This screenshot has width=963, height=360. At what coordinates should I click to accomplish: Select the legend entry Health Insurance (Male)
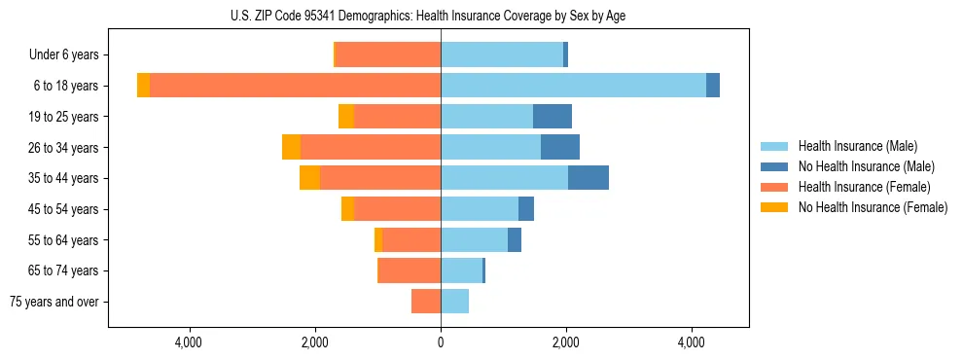[x=855, y=146]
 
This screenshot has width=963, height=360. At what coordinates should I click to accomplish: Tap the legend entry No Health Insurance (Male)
[x=865, y=166]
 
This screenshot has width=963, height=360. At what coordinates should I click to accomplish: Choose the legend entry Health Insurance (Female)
[x=863, y=187]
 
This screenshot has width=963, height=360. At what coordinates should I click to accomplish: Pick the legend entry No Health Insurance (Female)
[x=872, y=207]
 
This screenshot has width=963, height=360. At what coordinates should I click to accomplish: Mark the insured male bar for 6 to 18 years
[x=573, y=86]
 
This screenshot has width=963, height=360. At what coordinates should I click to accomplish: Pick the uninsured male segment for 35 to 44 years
[x=588, y=178]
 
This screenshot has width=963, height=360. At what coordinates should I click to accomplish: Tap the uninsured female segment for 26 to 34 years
[x=291, y=147]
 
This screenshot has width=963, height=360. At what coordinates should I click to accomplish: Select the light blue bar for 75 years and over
[x=454, y=302]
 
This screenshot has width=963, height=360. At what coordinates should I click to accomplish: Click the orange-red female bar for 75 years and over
[x=426, y=302]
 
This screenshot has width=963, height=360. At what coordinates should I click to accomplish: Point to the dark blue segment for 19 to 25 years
[x=553, y=117]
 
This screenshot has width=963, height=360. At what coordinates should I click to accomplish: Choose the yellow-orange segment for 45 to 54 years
[x=347, y=209]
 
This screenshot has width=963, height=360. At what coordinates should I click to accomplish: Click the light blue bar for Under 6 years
[x=502, y=55]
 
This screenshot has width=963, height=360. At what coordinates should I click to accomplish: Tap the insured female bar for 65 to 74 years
[x=410, y=270]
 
